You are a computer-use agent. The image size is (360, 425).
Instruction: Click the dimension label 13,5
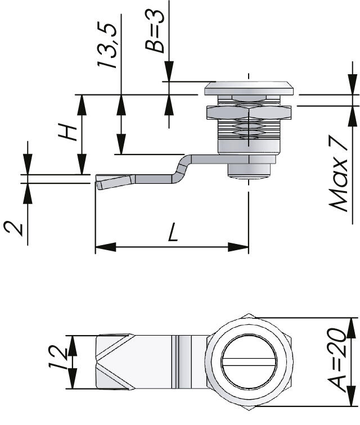[107, 46]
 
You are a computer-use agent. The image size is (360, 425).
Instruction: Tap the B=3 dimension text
[155, 31]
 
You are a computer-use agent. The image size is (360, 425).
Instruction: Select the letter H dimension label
[67, 132]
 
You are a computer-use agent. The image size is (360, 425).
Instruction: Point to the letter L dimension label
[173, 232]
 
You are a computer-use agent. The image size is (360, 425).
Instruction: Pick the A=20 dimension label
[337, 360]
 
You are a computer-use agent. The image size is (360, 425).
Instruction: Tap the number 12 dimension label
[58, 358]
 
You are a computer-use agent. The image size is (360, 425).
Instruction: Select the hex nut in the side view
[249, 113]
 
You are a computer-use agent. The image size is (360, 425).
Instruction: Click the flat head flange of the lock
[249, 88]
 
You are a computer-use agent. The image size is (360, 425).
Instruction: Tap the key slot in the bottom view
[249, 363]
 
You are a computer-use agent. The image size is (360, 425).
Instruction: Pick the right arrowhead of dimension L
[238, 247]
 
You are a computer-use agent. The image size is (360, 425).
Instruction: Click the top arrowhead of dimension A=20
[352, 328]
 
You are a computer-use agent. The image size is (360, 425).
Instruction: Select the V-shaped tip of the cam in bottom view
[115, 363]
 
